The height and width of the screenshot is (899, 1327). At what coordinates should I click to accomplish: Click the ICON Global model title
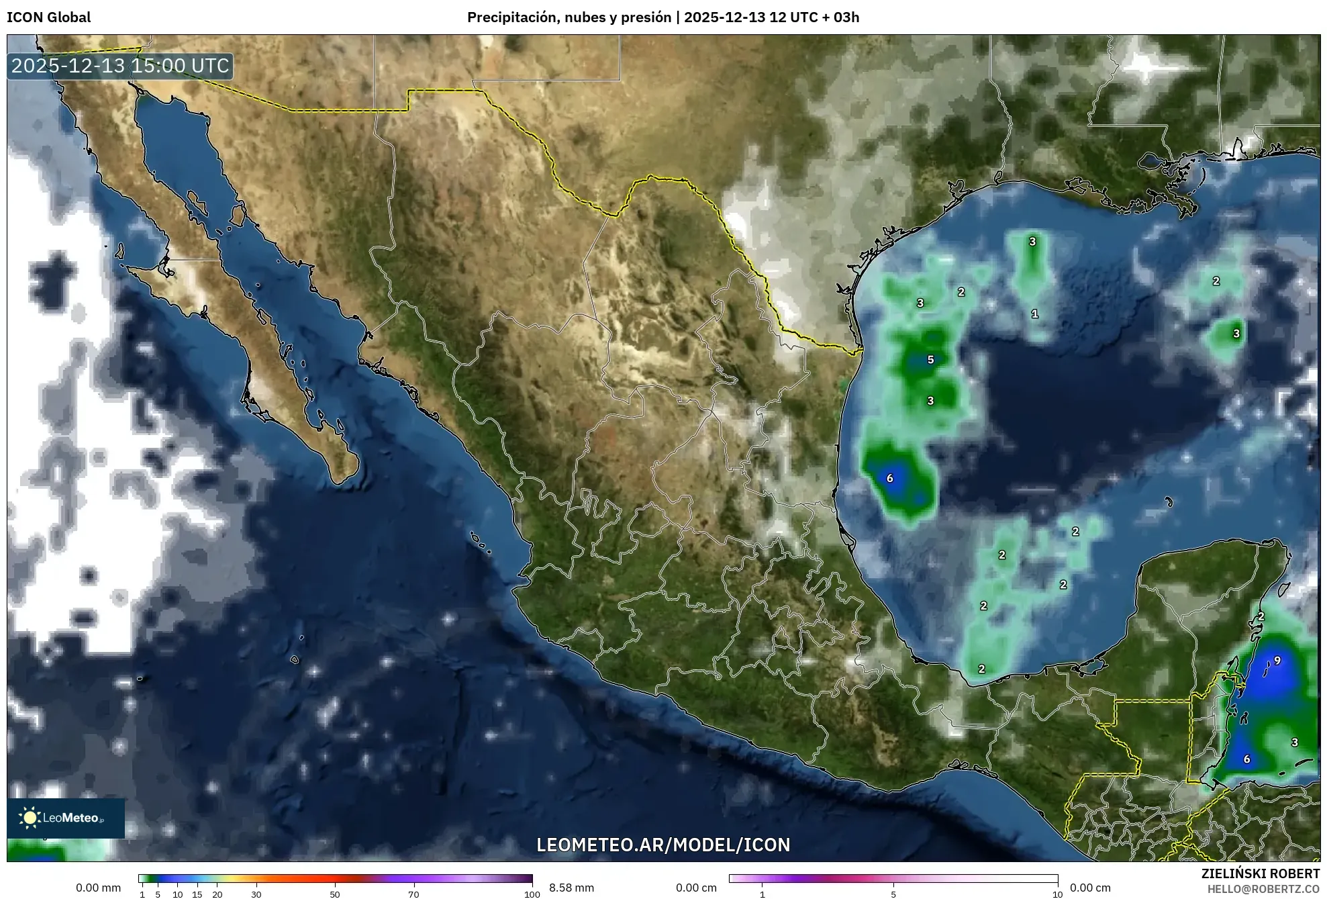pyautogui.click(x=48, y=17)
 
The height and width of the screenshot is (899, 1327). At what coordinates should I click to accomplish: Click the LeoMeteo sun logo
pyautogui.click(x=30, y=818)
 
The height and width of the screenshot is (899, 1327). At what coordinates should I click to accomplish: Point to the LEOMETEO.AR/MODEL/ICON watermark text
pyautogui.click(x=663, y=845)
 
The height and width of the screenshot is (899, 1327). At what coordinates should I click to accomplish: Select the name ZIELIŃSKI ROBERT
pyautogui.click(x=1260, y=873)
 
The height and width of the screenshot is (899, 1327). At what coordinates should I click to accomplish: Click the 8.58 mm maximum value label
pyautogui.click(x=571, y=888)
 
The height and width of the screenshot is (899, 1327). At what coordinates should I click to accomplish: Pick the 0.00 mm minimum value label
pyautogui.click(x=98, y=888)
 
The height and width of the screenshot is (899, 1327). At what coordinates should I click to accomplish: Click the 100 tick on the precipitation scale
pyautogui.click(x=532, y=894)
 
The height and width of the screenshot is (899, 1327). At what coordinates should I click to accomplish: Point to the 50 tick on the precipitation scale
pyautogui.click(x=335, y=894)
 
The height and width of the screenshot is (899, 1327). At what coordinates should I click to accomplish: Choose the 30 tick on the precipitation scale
pyautogui.click(x=256, y=894)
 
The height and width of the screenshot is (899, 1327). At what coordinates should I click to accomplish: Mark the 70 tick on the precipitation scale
pyautogui.click(x=413, y=894)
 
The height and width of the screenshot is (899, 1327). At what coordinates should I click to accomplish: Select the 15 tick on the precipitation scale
pyautogui.click(x=197, y=894)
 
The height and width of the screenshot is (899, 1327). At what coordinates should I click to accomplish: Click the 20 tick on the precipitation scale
pyautogui.click(x=217, y=894)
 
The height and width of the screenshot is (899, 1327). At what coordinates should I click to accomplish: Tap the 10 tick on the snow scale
pyautogui.click(x=1057, y=894)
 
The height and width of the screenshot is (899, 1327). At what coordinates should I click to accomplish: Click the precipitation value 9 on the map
pyautogui.click(x=1277, y=661)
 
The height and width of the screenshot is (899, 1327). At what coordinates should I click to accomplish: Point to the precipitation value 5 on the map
pyautogui.click(x=930, y=360)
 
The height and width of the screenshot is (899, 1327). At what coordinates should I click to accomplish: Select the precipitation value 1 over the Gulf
pyautogui.click(x=1034, y=314)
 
